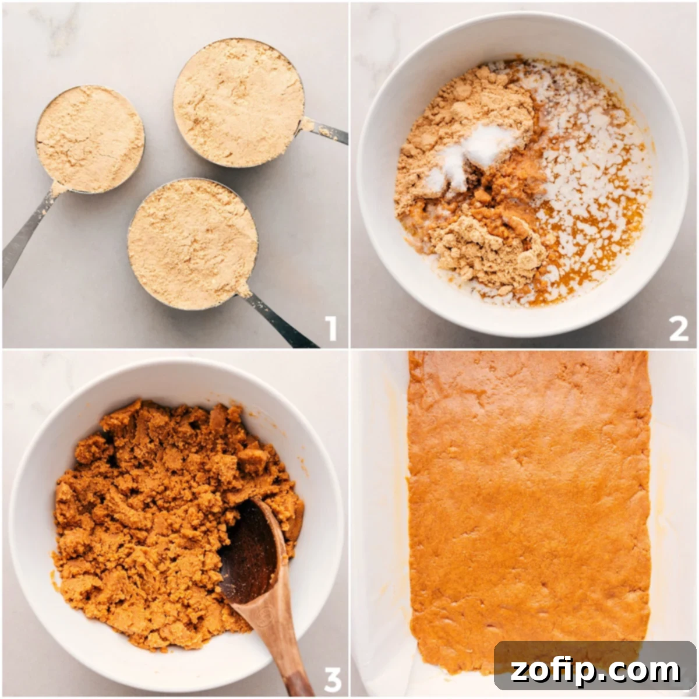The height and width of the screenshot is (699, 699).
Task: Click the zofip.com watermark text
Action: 595,670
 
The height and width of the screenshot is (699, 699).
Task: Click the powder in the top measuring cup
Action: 239,102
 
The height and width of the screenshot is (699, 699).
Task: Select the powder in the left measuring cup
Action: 90,139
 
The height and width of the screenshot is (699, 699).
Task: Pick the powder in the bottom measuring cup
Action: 192,243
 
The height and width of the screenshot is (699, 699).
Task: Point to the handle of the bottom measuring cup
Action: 280,320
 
